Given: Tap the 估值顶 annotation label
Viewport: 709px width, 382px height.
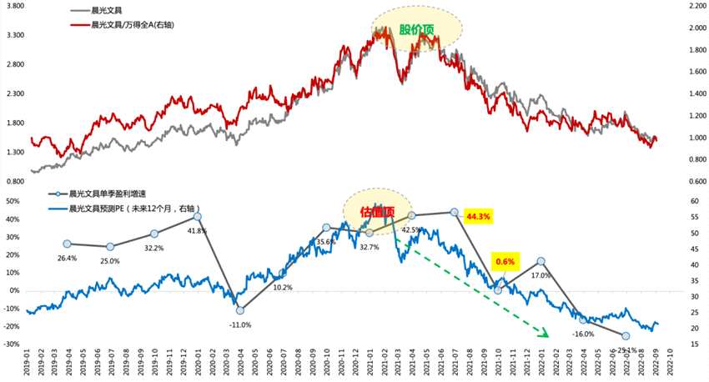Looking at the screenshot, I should click(x=377, y=212).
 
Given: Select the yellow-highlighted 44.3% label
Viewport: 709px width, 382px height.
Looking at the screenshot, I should click(x=479, y=216).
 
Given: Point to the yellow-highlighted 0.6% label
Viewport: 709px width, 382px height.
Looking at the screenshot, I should click(x=505, y=262).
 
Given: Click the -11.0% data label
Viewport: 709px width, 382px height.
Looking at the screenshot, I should click(x=240, y=324).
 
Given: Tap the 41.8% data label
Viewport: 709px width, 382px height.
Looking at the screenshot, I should click(x=197, y=230).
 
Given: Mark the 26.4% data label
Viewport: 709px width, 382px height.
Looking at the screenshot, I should click(x=67, y=258).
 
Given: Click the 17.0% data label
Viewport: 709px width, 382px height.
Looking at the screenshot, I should click(x=541, y=274).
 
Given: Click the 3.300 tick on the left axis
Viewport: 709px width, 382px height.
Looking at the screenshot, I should click(x=15, y=36).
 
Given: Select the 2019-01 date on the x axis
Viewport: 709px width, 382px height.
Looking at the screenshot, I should click(x=29, y=363).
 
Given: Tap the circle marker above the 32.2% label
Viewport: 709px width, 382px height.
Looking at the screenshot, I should click(x=154, y=234).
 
